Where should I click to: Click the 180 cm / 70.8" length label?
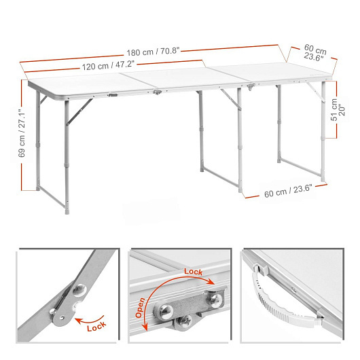tap(153, 52)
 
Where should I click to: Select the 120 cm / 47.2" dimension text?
tap(108, 66)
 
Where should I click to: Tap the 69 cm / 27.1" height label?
tap(22, 133)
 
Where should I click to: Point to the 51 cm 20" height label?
tap(338, 110)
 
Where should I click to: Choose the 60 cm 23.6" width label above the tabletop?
tap(314, 53)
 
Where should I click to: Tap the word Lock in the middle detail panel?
tap(194, 272)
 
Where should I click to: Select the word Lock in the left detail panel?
tap(96, 326)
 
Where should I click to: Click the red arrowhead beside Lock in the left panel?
tap(79, 321)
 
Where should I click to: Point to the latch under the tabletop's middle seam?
tap(158, 92)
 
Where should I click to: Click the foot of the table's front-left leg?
tap(67, 211)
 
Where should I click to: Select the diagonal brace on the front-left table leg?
tap(79, 112)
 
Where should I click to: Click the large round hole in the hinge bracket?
tap(79, 289)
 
